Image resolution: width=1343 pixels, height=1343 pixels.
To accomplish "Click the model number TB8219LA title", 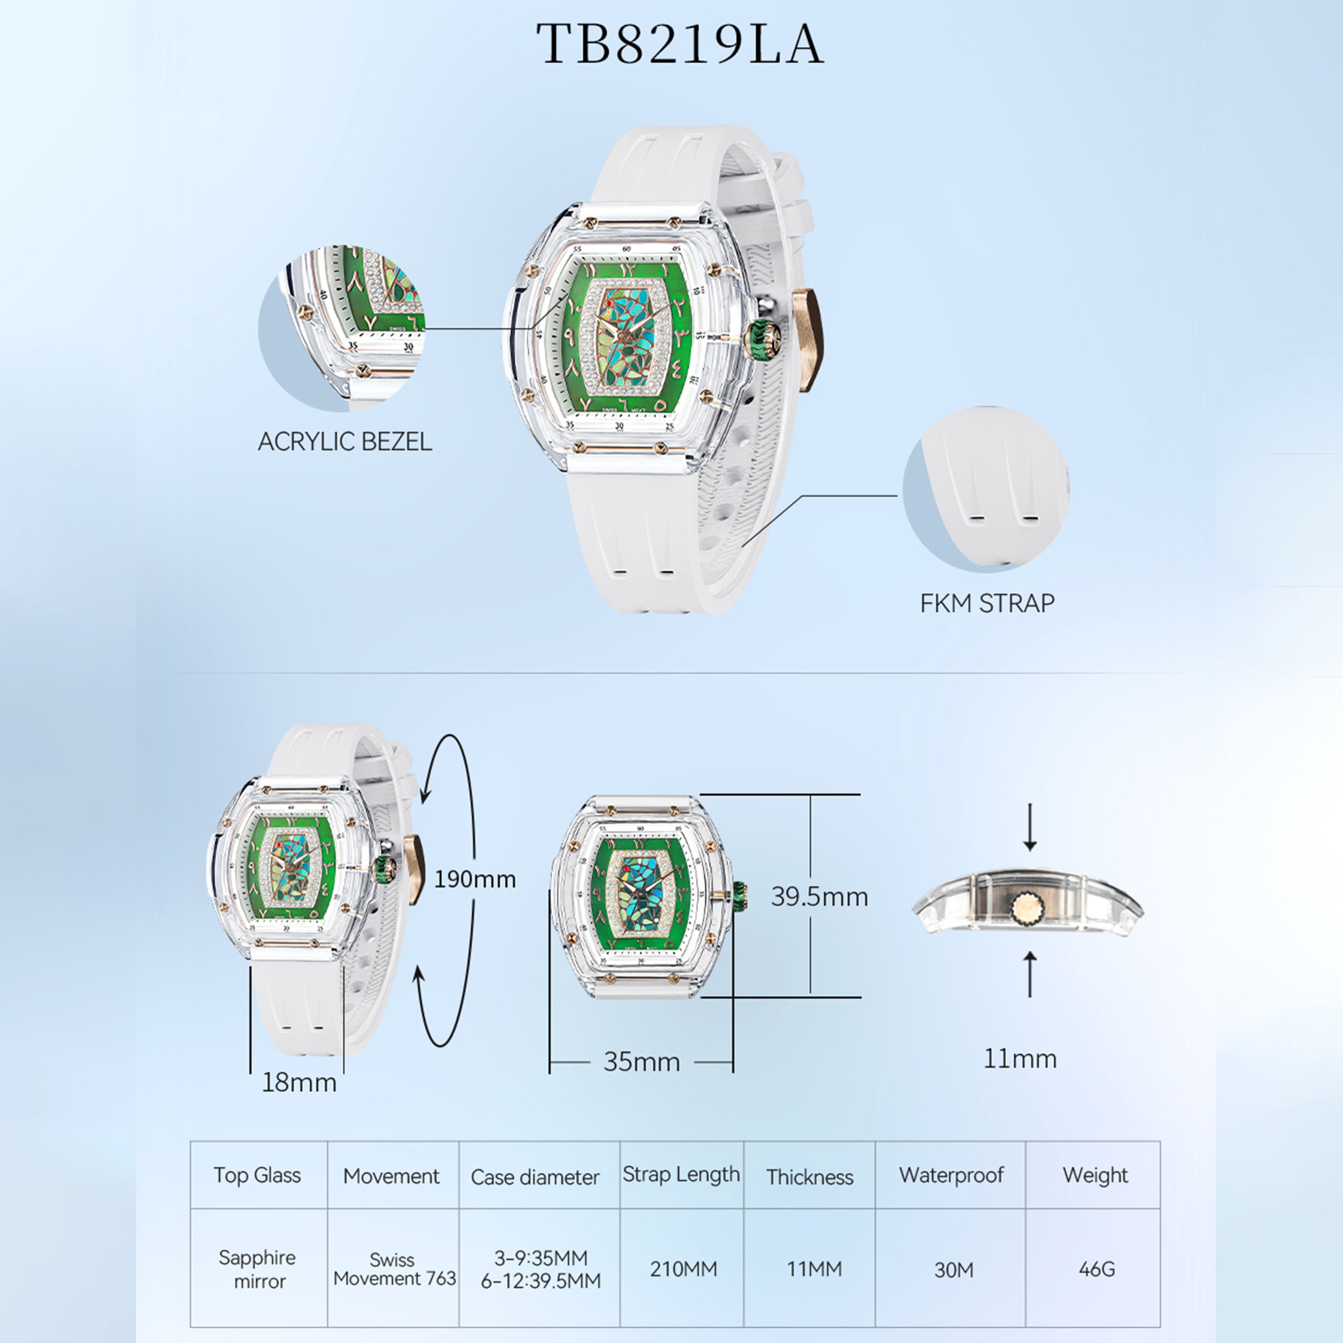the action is point(679,44).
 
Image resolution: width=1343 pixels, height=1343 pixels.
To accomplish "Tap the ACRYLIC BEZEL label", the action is point(345,442).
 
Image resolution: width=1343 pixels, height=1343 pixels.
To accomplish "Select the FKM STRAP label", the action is point(987,603).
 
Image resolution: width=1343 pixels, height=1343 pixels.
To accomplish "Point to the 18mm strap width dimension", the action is point(299,1082).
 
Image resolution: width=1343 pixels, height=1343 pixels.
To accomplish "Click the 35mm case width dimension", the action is point(642,1062).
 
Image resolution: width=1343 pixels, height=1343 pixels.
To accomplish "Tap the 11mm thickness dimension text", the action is point(1020,1058).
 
